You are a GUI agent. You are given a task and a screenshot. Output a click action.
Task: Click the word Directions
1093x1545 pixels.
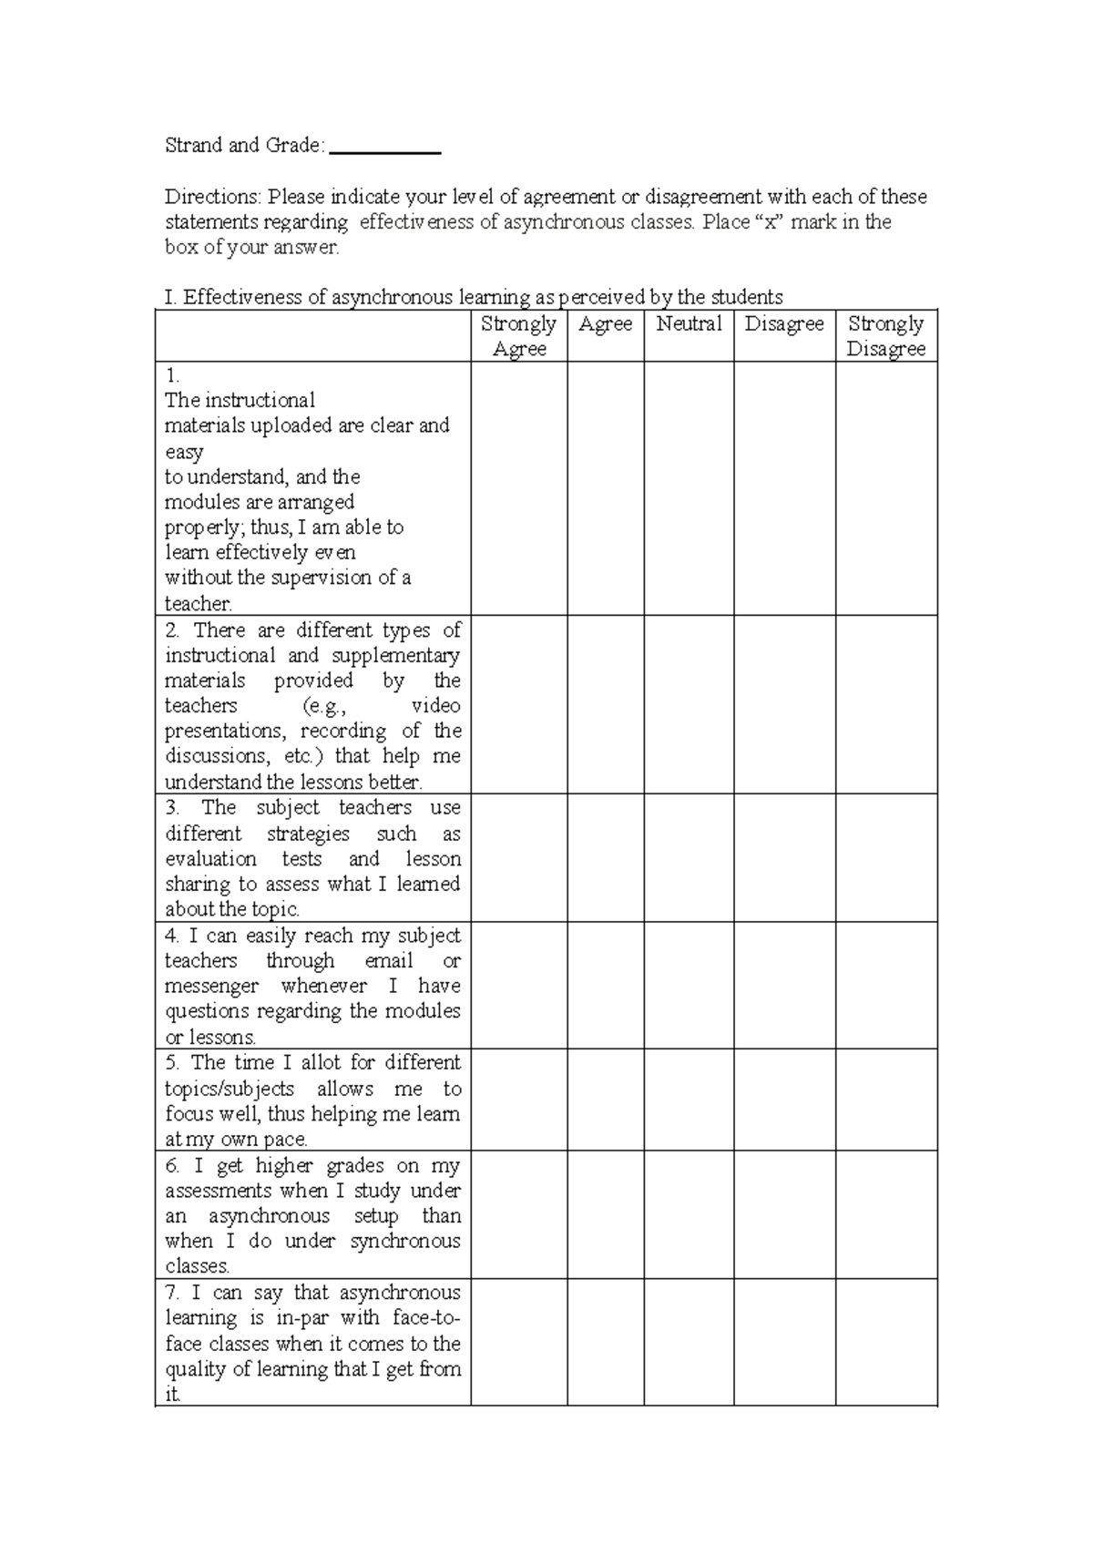coord(212,197)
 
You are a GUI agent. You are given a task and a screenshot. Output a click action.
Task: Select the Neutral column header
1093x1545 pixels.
coord(689,323)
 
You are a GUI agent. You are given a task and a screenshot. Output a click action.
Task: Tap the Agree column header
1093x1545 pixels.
coord(606,323)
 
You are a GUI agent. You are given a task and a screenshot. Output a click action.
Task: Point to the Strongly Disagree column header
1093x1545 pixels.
coord(885,336)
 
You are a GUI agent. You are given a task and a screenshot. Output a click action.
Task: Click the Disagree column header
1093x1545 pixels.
coord(784,323)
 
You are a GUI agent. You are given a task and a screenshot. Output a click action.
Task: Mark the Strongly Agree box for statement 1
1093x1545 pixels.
coord(518,488)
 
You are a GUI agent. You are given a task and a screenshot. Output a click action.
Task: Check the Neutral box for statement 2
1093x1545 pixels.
coord(689,704)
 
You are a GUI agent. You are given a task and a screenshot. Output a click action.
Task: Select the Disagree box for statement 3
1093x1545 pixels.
coord(784,857)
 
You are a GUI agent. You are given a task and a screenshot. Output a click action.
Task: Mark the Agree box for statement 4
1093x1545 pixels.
coord(606,985)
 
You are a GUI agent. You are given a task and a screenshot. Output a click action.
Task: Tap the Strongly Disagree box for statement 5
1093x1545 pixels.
coord(885,1100)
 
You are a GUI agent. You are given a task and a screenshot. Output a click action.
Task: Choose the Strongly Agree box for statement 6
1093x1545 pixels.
coord(518,1213)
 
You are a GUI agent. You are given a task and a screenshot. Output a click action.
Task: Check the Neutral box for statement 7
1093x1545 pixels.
coord(689,1341)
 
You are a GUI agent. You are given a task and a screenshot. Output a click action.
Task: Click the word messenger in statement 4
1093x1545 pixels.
coord(211,987)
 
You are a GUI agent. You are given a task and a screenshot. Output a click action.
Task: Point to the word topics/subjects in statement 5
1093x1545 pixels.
coord(230,1090)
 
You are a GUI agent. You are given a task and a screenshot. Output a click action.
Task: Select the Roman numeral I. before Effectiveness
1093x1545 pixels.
coord(169,297)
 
